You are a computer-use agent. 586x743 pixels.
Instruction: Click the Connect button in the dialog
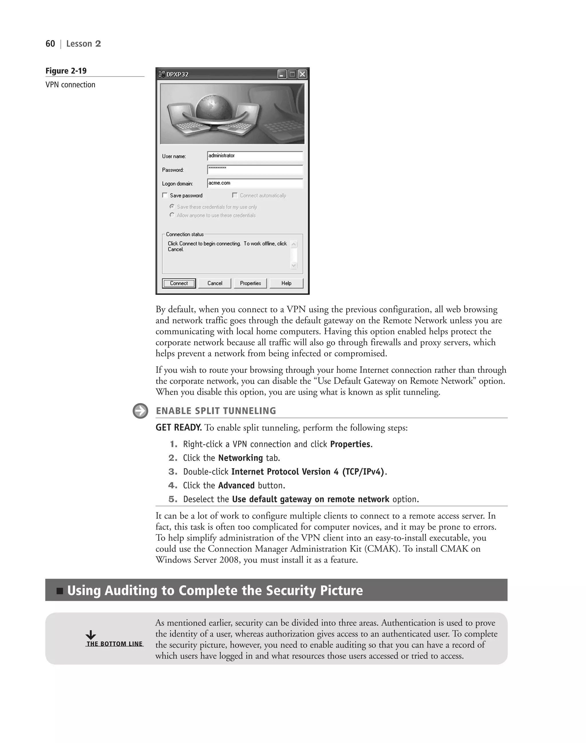pos(179,283)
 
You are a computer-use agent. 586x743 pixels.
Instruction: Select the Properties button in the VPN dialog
pos(250,283)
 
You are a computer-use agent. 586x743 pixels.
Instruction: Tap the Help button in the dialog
pos(286,283)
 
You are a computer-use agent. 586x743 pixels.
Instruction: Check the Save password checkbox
pos(165,195)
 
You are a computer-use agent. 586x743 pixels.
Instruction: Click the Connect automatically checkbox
pos(235,195)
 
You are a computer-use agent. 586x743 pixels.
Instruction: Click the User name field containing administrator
pos(255,156)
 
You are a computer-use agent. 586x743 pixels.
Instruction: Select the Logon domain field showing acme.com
pos(255,183)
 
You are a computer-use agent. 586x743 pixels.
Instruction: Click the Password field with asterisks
pos(255,169)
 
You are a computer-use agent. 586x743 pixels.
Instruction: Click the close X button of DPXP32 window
pos(302,74)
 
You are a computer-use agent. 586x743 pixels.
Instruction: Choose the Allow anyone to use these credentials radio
pos(172,215)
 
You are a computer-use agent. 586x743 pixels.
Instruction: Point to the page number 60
pos(50,44)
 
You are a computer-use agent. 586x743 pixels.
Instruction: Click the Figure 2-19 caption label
pos(66,71)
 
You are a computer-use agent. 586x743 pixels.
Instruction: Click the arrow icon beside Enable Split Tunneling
pos(140,411)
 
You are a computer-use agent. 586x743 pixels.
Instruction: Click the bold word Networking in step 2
pos(240,458)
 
